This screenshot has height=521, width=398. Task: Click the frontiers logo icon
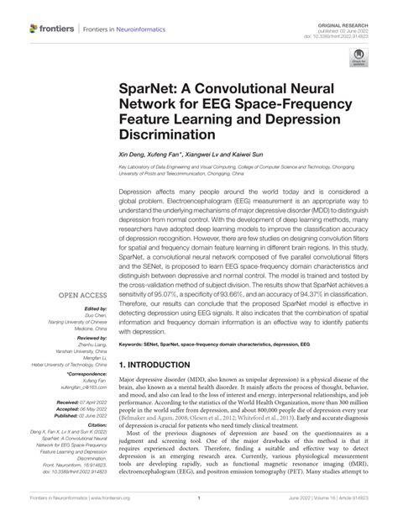coord(33,29)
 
